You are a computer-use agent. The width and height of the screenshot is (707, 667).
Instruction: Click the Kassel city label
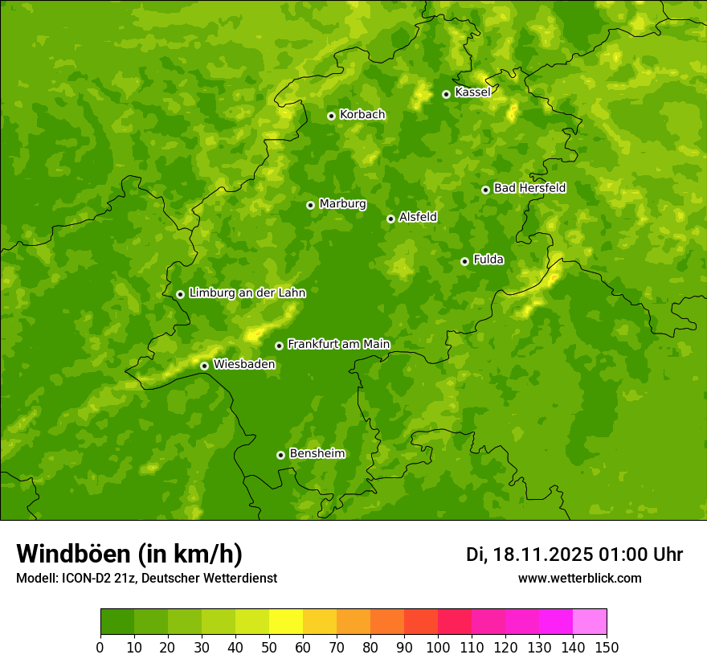coord(472,92)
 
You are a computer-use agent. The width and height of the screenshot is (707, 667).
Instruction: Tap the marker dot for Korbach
coord(331,116)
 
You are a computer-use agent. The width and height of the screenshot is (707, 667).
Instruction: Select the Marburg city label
coord(342,204)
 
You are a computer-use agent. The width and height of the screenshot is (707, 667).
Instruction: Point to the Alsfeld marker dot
coord(390,219)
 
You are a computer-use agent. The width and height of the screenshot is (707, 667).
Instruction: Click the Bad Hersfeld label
coord(529,188)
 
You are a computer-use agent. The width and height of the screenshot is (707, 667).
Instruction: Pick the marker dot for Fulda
coord(464,261)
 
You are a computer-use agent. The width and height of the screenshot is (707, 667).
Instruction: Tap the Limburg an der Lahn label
coord(247,293)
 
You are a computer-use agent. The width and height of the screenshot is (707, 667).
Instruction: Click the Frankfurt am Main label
coord(338,344)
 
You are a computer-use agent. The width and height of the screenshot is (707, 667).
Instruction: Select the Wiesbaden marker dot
coord(204,366)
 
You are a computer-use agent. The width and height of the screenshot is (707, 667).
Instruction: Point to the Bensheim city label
coord(317,453)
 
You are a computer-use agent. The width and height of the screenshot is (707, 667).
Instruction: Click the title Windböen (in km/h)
coord(129,554)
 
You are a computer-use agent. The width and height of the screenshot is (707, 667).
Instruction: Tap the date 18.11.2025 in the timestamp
coord(543,554)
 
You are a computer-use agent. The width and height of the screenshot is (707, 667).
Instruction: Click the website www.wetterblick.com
coord(579,578)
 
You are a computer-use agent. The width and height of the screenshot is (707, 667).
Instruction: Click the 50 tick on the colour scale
coord(269,647)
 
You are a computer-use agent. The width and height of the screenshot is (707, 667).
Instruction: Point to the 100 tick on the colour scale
coord(438,647)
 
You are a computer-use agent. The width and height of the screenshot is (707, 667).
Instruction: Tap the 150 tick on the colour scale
coord(607,647)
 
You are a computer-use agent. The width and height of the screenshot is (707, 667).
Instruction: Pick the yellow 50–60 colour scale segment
coord(286,622)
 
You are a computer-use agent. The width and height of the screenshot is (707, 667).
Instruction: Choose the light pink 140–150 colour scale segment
coord(590,622)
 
